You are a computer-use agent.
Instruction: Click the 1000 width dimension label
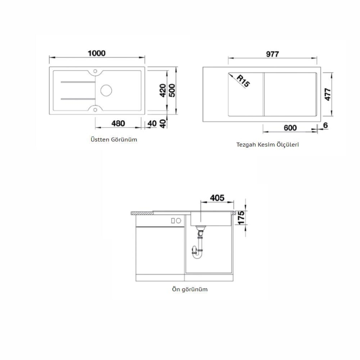pos(96,53)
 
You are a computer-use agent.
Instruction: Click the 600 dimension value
pos(290,127)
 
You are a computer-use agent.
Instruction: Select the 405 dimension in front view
pos(216,198)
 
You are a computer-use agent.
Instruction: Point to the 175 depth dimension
pos(241,218)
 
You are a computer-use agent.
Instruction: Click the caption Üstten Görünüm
pos(114,139)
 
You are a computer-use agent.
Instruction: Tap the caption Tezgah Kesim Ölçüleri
pos(268,145)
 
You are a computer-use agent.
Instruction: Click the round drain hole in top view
pos(106,89)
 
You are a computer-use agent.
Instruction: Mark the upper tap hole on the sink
pos(95,71)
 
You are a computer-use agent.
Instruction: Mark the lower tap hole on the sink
pos(95,108)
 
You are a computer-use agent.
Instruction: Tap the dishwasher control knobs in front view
pos(175,221)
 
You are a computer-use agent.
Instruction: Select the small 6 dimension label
pos(325,127)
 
